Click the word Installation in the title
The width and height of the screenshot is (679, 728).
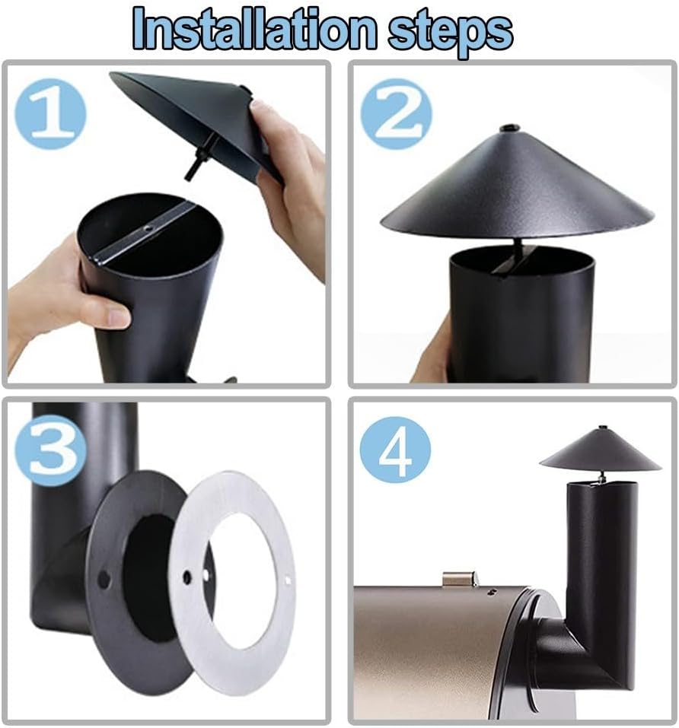tap(254, 29)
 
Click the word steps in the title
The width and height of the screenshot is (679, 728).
tap(451, 33)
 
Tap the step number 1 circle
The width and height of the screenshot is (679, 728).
tap(50, 114)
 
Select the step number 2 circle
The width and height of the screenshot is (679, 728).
tap(396, 114)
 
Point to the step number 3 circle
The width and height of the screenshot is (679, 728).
tap(50, 450)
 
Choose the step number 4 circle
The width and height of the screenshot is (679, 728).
tap(395, 450)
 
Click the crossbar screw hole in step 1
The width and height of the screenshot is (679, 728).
tap(147, 228)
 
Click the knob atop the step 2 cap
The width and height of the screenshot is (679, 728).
tap(509, 127)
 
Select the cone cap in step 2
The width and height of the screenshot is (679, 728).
tap(516, 186)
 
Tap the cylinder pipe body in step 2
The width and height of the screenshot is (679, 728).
tap(521, 316)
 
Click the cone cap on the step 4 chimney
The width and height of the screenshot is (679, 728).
tap(601, 450)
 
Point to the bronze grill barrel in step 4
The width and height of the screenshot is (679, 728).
tap(442, 650)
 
